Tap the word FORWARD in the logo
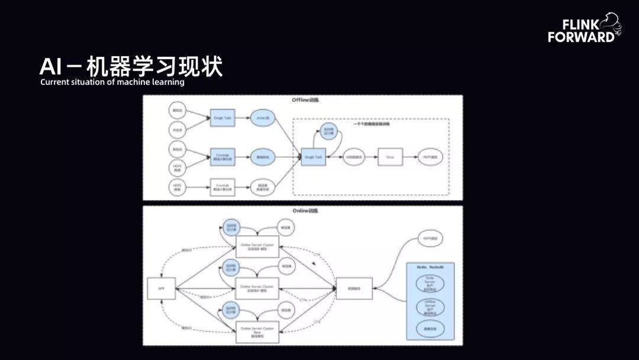[x=581, y=37]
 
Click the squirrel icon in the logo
[x=610, y=27]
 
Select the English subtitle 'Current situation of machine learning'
[x=112, y=82]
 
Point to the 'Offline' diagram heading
[x=302, y=101]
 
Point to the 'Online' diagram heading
[x=302, y=211]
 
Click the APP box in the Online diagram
[x=161, y=289]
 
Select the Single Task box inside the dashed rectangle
[x=313, y=157]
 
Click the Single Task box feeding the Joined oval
[x=222, y=118]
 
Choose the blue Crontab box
[x=222, y=157]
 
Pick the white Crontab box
[x=222, y=187]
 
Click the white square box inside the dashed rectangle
[x=390, y=157]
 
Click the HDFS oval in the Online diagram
[x=430, y=238]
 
